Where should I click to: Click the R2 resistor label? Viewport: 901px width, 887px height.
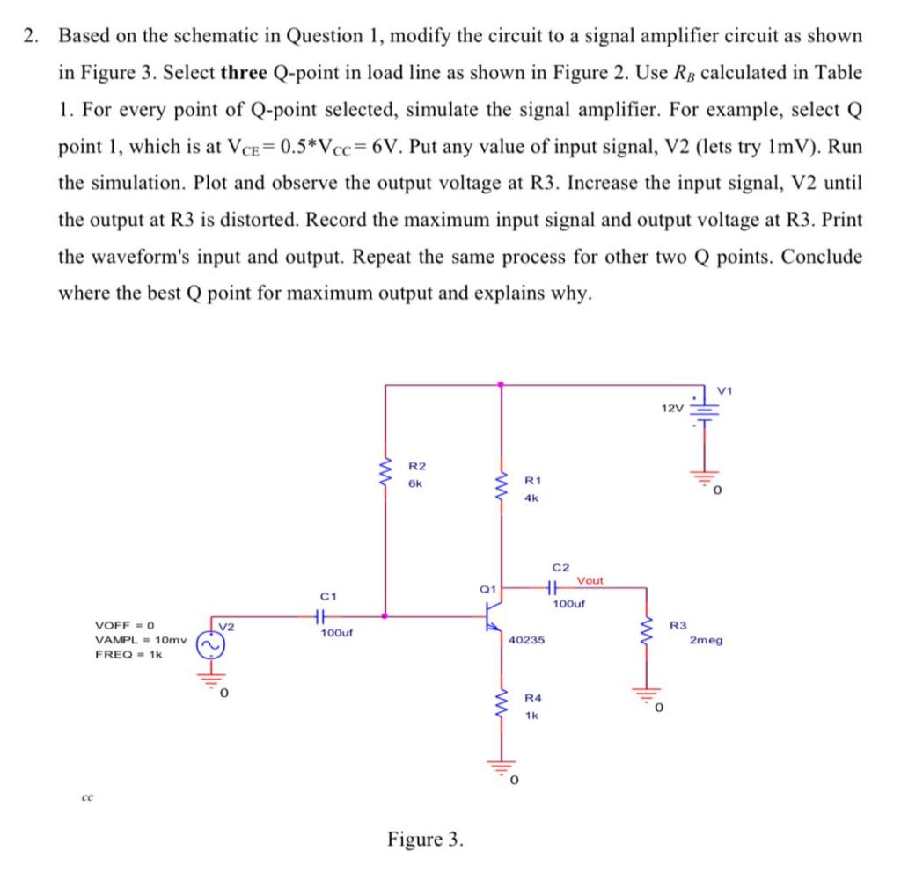click(x=418, y=466)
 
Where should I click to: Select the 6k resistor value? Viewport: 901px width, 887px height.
click(x=416, y=483)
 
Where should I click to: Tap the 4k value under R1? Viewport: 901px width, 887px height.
click(x=531, y=498)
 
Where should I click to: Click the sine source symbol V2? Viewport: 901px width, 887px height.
click(x=211, y=645)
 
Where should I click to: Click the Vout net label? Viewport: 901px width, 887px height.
click(x=590, y=581)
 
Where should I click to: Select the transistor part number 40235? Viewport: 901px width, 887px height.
click(x=527, y=641)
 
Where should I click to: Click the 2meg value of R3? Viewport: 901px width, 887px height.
click(x=706, y=641)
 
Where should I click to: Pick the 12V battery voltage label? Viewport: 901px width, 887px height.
click(x=670, y=409)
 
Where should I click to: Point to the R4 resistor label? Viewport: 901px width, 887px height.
click(x=533, y=698)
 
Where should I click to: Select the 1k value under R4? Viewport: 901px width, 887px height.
click(x=531, y=716)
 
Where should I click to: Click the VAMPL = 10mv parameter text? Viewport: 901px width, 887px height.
click(x=139, y=640)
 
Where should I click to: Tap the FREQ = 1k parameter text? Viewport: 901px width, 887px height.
click(x=128, y=655)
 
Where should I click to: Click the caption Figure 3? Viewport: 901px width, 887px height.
click(x=425, y=839)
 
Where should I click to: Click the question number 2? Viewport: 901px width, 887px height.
click(x=32, y=36)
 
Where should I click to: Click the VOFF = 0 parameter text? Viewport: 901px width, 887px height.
click(x=125, y=625)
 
